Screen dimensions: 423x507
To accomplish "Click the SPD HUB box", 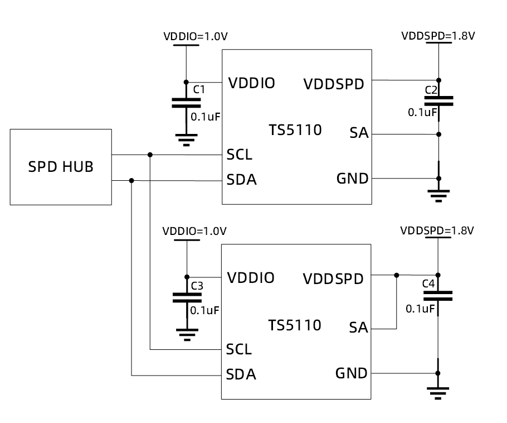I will pos(61,167).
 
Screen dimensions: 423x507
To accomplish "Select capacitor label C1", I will pos(199,89).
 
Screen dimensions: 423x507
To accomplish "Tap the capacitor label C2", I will pos(431,90).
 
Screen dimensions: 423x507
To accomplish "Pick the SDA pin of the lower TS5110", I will pos(241,374).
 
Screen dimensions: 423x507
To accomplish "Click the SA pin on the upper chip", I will pos(359,133).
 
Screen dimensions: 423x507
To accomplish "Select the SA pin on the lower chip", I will pos(359,328).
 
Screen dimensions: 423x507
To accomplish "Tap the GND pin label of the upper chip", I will pos(352,179).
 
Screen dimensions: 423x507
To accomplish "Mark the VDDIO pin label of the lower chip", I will pos(251,278).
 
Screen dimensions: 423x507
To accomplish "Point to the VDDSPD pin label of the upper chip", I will pos(334,84).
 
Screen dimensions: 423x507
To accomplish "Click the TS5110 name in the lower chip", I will pos(294,325).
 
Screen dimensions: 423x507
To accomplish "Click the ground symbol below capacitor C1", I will pos(187,139).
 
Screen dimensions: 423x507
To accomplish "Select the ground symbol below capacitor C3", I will pos(187,334).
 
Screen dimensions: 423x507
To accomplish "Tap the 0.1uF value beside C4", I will pos(420,309).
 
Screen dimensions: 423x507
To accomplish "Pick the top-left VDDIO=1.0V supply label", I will pos(196,37).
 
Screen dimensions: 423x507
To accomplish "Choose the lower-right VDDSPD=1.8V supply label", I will pos(437,230).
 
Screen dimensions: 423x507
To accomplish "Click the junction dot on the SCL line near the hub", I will pos(150,155).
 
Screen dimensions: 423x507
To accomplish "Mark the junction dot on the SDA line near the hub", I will pos(131,180).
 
